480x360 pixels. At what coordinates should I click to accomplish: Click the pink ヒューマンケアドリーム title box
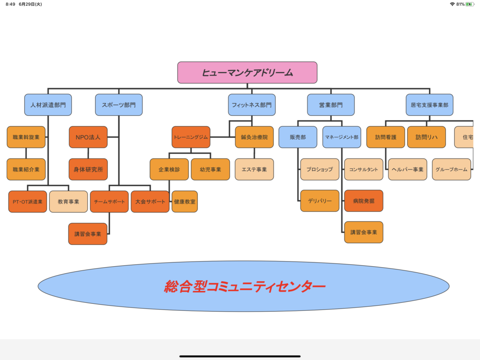click(247, 73)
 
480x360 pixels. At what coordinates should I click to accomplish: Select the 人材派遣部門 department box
click(48, 105)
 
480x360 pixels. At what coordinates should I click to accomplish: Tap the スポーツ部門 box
click(119, 105)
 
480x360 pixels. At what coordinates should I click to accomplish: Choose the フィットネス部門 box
click(252, 105)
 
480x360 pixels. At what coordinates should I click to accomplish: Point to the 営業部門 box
click(330, 105)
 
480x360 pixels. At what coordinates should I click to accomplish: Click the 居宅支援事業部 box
click(429, 105)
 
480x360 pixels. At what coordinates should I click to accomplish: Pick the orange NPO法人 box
click(88, 137)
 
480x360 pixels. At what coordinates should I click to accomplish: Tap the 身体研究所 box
click(88, 169)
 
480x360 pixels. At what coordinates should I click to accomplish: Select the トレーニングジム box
click(191, 137)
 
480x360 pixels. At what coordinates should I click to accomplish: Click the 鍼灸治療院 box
click(254, 137)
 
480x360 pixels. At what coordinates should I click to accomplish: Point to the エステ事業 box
click(254, 169)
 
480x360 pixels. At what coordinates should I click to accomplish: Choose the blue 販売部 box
click(298, 137)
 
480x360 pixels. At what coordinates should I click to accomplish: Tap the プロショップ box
click(320, 169)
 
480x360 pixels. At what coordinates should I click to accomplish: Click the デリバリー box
click(320, 201)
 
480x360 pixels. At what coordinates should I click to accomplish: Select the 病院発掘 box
click(363, 201)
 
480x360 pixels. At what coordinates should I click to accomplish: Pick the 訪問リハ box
click(426, 137)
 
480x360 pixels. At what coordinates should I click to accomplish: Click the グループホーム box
click(451, 169)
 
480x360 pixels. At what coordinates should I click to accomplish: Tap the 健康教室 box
click(185, 202)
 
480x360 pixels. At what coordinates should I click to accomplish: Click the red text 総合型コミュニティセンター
click(244, 286)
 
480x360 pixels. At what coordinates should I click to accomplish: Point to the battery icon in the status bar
click(469, 4)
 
